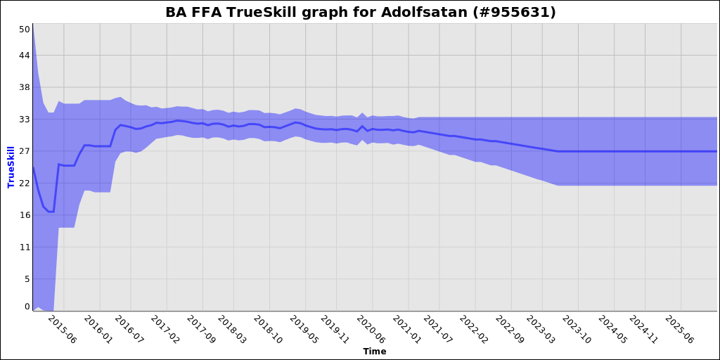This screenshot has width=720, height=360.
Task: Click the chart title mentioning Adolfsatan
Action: (360, 13)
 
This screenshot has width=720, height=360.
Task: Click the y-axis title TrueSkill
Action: (11, 167)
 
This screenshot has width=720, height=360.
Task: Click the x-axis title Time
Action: (374, 351)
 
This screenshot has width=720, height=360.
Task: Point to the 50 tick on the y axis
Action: (25, 30)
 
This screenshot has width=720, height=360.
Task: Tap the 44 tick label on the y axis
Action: (25, 56)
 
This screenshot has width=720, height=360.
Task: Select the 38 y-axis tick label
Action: (25, 88)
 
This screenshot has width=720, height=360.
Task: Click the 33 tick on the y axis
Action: (25, 120)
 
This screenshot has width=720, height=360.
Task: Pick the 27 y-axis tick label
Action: (25, 152)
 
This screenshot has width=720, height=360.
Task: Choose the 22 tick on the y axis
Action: (25, 184)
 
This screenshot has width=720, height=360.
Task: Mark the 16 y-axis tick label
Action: (25, 215)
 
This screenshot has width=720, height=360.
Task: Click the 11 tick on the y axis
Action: (25, 247)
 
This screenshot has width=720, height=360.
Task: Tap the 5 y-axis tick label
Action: (27, 279)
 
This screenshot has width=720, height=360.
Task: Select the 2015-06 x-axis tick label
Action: (61, 329)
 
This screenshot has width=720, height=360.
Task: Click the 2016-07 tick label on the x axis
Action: (129, 329)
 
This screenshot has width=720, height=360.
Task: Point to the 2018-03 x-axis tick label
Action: (232, 329)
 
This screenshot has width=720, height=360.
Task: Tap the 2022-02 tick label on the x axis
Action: (473, 329)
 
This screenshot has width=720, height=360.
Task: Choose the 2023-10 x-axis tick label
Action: (577, 329)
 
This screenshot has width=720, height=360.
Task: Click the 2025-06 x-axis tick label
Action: (679, 329)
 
